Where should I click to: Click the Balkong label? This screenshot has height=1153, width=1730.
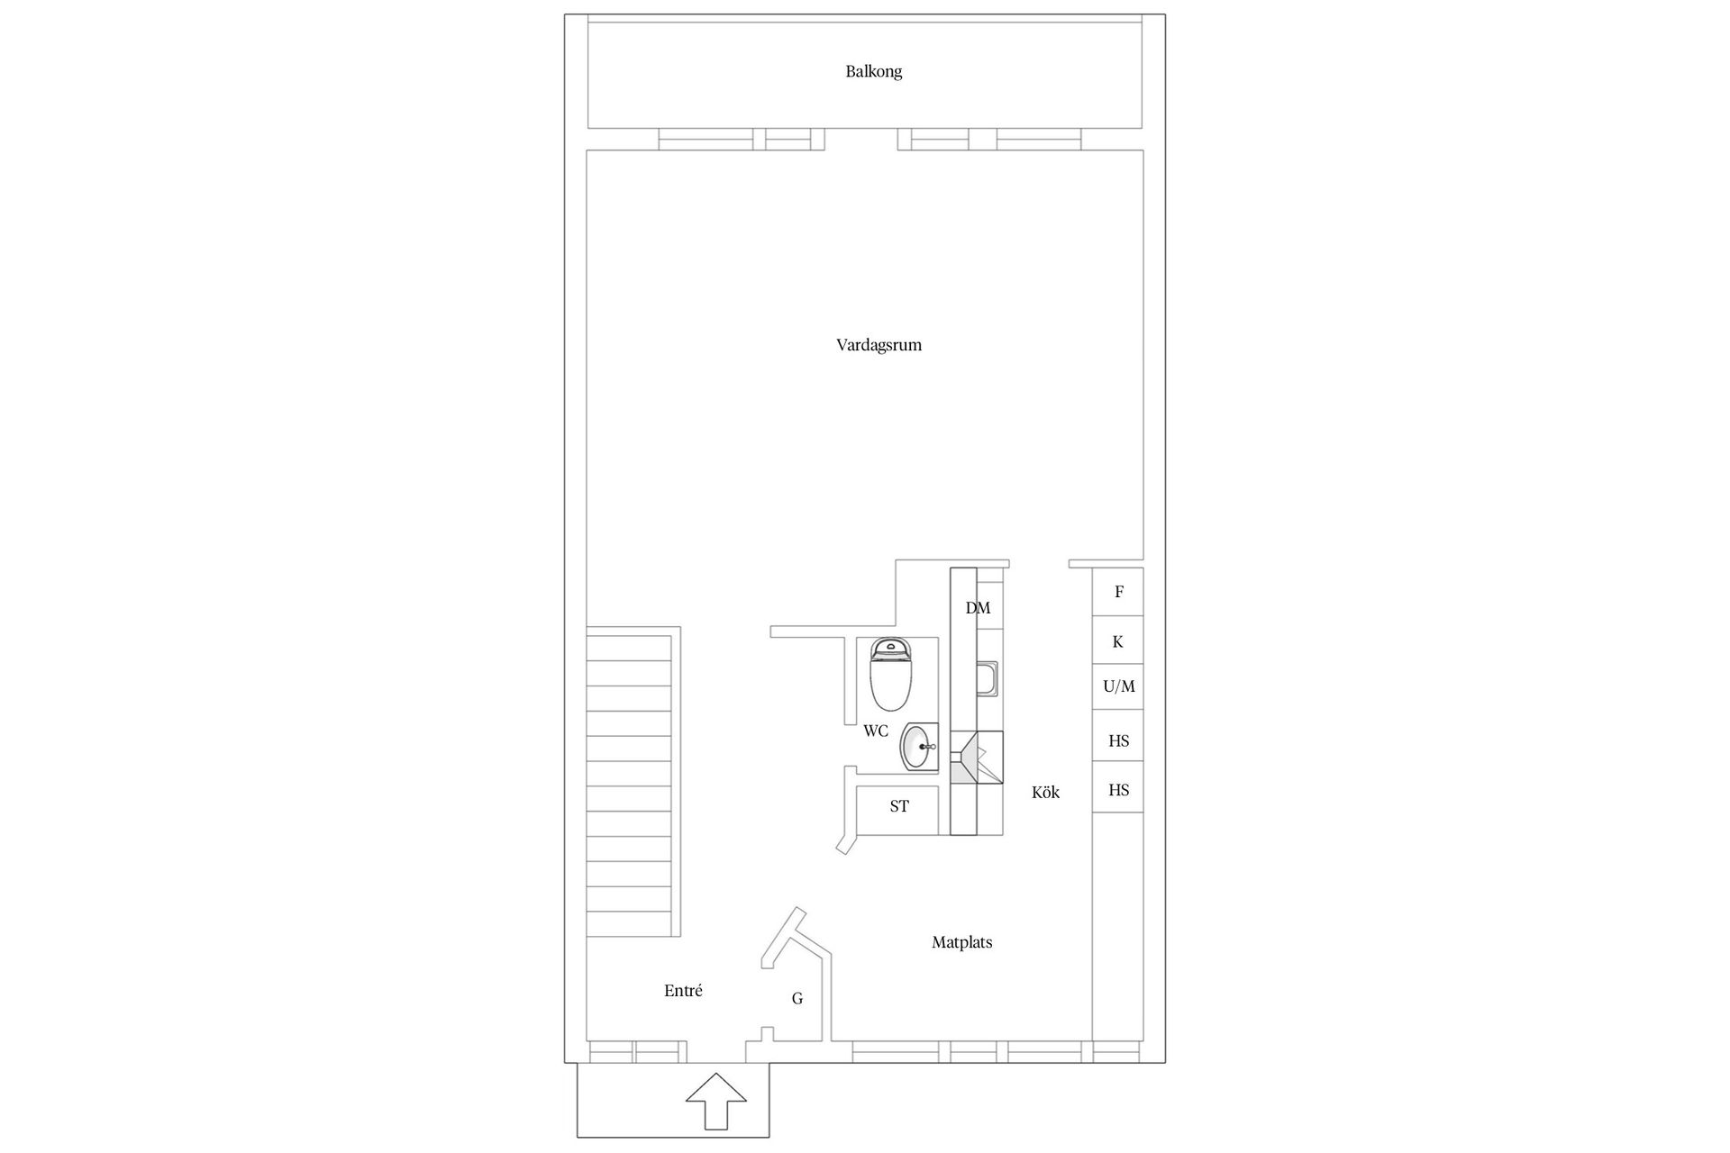tap(873, 72)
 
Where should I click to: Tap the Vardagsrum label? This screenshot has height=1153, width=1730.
tap(879, 345)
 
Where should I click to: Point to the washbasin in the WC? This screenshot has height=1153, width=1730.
tap(919, 747)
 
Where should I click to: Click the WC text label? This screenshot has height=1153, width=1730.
tap(876, 731)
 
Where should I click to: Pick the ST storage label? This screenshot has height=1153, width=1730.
tap(899, 807)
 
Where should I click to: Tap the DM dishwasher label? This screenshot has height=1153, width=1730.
tap(978, 608)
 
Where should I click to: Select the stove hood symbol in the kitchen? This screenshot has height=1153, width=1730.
tap(977, 758)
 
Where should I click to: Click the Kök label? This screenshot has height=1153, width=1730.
tap(1045, 793)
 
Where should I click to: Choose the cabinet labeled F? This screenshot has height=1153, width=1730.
tap(1118, 592)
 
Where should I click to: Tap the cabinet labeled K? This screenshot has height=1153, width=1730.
tap(1118, 642)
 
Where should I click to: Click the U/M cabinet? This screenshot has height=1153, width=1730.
tap(1118, 686)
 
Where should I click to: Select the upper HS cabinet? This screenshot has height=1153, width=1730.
tap(1118, 741)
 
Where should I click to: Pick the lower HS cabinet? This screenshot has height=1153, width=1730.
tap(1118, 790)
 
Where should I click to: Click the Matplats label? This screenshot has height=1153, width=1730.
tap(961, 943)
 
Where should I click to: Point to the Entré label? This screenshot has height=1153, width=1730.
tap(683, 991)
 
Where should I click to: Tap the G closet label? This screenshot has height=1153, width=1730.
tap(797, 998)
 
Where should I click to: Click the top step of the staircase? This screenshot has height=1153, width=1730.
tap(630, 649)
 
